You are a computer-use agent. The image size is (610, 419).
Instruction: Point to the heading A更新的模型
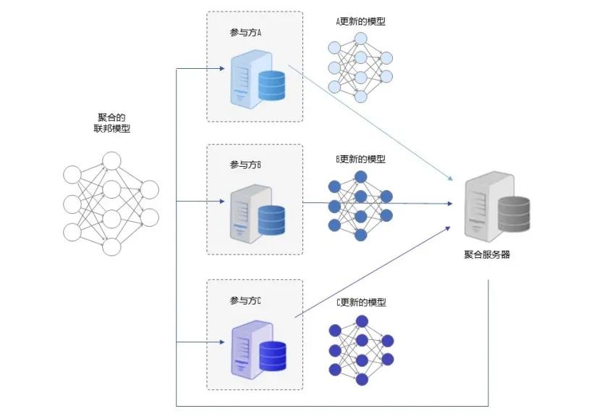click(x=360, y=22)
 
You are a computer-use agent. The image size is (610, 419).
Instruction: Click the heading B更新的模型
click(x=360, y=159)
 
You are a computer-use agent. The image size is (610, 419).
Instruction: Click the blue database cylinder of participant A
click(x=271, y=85)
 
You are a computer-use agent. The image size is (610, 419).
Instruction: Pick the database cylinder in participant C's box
click(x=273, y=356)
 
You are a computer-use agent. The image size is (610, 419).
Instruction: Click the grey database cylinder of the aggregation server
click(x=514, y=215)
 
